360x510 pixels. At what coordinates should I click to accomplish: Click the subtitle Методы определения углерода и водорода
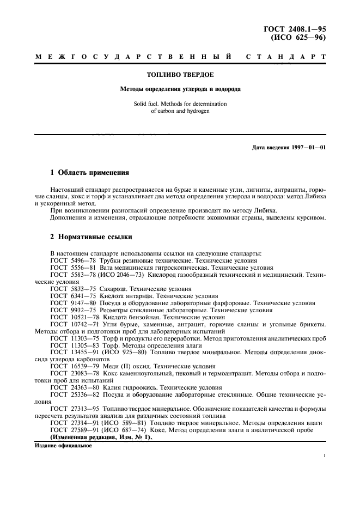point(180,88)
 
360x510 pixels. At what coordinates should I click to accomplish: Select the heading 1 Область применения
point(89,173)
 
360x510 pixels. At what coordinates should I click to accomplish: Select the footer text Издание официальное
point(63,445)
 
